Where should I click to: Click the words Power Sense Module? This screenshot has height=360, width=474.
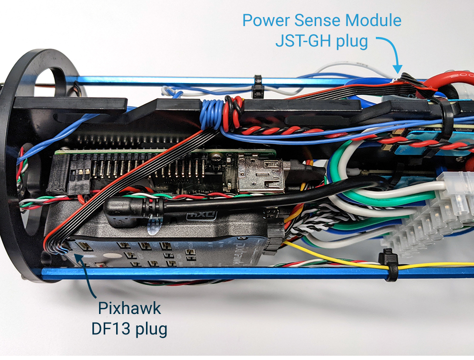click(321, 21)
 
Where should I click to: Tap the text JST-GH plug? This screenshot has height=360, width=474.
click(321, 41)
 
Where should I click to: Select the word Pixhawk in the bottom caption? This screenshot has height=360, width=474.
click(129, 309)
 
